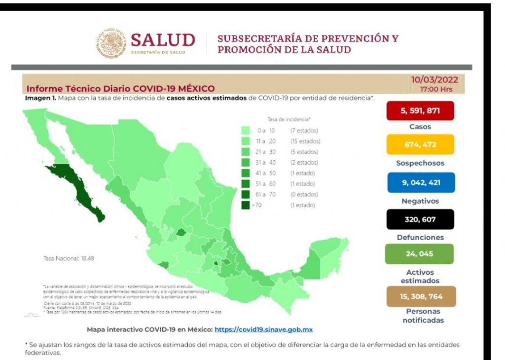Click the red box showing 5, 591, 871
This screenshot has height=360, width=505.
click(420, 111)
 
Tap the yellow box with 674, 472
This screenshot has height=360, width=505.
click(420, 145)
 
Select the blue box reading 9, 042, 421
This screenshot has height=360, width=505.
click(420, 182)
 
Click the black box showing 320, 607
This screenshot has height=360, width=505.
click(420, 219)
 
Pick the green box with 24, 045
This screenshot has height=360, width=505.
click(420, 254)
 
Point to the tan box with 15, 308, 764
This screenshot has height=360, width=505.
click(420, 296)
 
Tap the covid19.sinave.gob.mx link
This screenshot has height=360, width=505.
click(266, 329)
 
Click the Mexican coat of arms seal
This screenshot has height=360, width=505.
click(111, 43)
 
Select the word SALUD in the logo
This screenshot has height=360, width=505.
click(163, 39)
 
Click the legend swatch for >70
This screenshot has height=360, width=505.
click(246, 205)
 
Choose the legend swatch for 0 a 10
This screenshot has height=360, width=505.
click(246, 131)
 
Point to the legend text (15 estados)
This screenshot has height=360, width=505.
click(305, 142)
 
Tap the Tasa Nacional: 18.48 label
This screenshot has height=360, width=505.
click(62, 258)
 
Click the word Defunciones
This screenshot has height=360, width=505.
click(420, 237)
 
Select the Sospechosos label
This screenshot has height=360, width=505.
click(420, 163)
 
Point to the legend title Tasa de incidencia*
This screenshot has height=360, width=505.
click(289, 120)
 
